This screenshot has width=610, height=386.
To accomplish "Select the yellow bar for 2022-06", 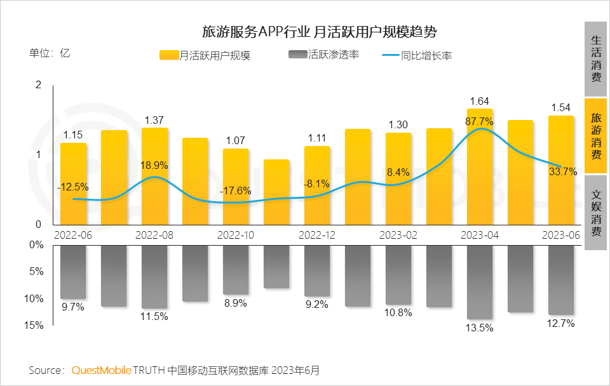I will click(74, 183).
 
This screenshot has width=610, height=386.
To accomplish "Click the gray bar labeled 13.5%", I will click(480, 282).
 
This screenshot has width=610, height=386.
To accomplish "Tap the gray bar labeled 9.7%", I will click(74, 272).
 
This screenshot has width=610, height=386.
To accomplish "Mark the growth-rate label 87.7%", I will click(480, 121).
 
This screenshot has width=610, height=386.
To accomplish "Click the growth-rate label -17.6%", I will click(235, 190).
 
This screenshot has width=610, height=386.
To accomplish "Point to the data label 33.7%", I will click(562, 171).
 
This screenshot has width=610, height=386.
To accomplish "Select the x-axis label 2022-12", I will click(317, 234).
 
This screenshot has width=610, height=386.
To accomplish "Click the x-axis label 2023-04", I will click(480, 234).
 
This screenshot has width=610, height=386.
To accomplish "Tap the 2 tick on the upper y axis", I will click(38, 85).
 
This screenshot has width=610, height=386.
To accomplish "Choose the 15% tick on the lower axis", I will click(36, 326).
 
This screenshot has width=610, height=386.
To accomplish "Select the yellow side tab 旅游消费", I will click(596, 136).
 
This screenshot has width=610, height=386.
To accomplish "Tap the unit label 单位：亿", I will click(50, 53).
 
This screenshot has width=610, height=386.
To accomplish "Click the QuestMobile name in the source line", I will click(102, 369).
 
